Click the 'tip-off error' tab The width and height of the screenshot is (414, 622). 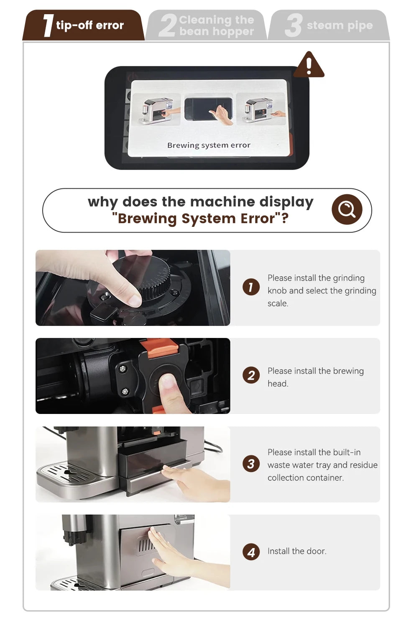click(84, 25)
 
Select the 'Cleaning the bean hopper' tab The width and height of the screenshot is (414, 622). click(207, 25)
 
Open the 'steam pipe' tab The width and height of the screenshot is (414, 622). click(329, 25)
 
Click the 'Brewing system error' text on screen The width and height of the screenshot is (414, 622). click(209, 145)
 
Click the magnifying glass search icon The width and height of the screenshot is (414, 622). click(347, 209)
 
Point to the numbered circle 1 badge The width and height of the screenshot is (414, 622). click(251, 287)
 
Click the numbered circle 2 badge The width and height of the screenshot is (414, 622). click(251, 375)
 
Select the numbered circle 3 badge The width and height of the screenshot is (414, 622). click(251, 464)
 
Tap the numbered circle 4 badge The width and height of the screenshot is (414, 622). click(251, 552)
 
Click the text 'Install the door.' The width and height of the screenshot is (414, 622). click(296, 551)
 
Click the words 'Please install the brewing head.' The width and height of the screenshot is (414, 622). click(315, 377)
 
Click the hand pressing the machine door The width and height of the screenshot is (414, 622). click(171, 551)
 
